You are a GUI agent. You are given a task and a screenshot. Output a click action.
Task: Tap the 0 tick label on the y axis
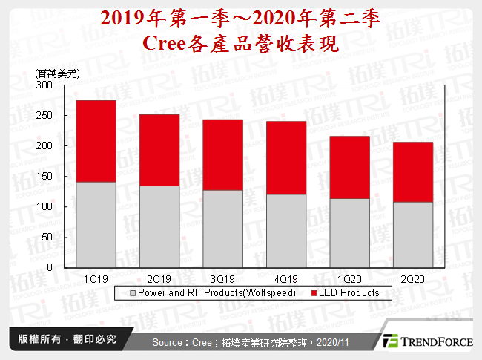[x=49, y=267]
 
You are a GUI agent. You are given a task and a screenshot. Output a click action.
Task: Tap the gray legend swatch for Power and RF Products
[x=134, y=293]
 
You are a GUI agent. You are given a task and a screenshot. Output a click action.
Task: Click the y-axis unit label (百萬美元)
[x=55, y=73]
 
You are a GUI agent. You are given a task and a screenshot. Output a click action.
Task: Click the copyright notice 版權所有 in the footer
[x=38, y=339]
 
